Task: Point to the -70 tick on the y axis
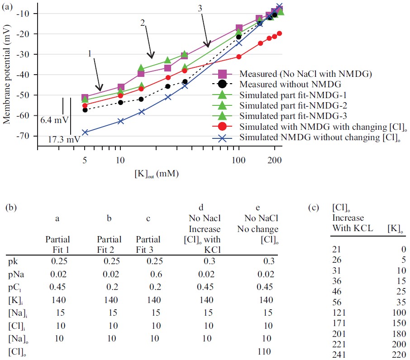tap(28, 136)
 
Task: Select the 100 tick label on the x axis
tap(238, 160)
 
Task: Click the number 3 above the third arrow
tap(200, 9)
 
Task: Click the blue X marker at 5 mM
tap(85, 132)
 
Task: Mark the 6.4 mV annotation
tap(53, 121)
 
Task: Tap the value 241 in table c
tap(339, 355)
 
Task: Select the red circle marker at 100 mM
tap(239, 57)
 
